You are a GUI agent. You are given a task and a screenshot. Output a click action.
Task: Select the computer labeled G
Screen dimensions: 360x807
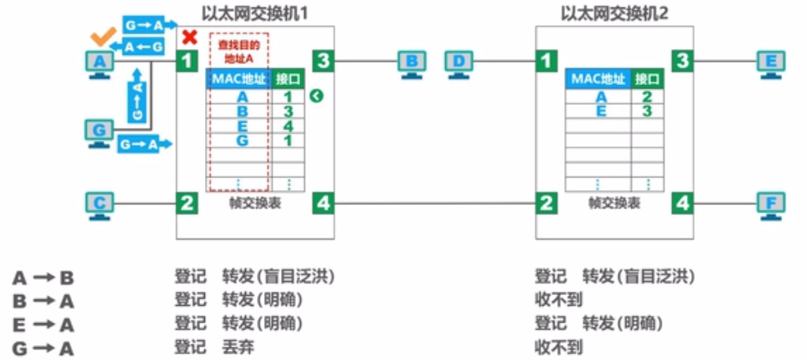pyautogui.click(x=100, y=133)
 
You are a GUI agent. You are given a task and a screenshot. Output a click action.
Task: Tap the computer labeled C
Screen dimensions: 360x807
pyautogui.click(x=100, y=204)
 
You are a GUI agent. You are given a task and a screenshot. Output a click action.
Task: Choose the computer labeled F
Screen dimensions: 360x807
pyautogui.click(x=769, y=204)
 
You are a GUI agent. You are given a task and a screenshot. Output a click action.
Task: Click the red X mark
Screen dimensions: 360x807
pyautogui.click(x=190, y=37)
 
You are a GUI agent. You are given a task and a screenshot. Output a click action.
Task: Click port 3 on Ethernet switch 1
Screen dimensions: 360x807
pyautogui.click(x=323, y=60)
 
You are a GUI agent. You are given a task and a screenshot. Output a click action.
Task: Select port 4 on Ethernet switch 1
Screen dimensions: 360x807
pyautogui.click(x=323, y=202)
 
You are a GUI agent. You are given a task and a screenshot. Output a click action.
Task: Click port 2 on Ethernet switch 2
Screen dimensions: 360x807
pyautogui.click(x=545, y=202)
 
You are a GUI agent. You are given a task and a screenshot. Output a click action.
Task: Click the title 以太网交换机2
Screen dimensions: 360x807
pyautogui.click(x=614, y=12)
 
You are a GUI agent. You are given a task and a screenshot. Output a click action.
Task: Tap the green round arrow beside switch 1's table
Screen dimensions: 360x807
pyautogui.click(x=316, y=97)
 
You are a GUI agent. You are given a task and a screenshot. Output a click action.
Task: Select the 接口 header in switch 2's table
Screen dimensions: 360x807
pyautogui.click(x=647, y=79)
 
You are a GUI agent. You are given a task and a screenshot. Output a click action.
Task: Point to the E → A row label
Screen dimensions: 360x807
pyautogui.click(x=43, y=324)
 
